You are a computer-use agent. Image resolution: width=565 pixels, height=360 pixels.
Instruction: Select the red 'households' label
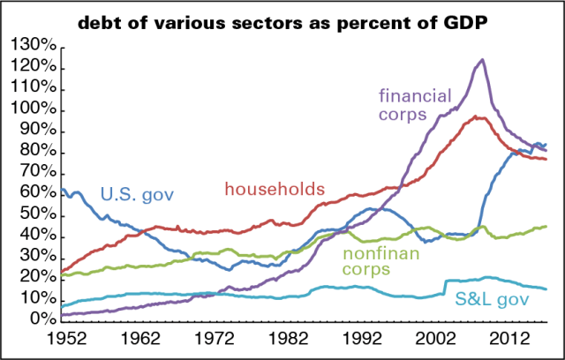pyautogui.click(x=275, y=189)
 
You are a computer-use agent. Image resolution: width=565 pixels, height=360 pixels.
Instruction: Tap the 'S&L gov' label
pyautogui.click(x=491, y=301)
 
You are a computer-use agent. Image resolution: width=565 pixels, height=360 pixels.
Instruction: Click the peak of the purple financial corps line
pyautogui.click(x=481, y=60)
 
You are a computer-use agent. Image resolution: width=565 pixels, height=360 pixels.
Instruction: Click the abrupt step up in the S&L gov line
pyautogui.click(x=443, y=285)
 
